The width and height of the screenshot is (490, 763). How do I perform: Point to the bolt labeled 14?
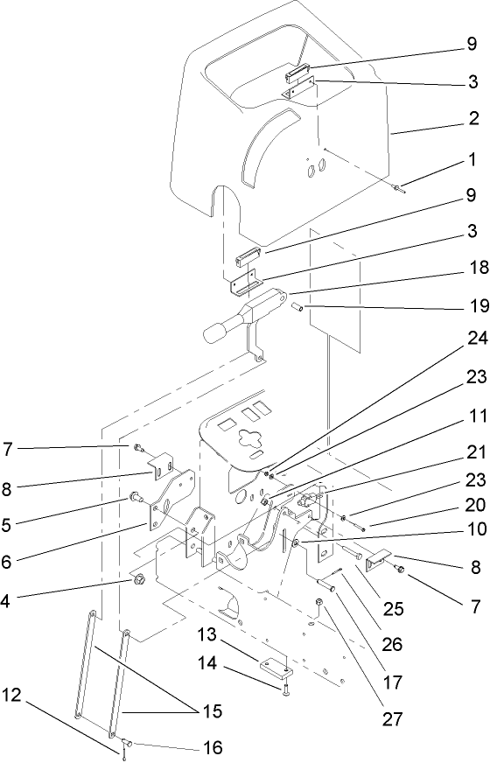(285, 691)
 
